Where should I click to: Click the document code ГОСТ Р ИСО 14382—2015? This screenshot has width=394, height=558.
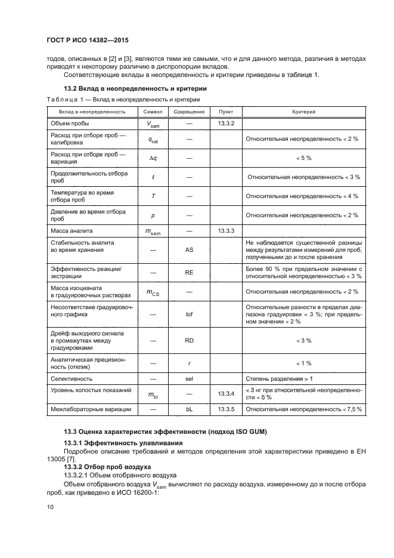88,41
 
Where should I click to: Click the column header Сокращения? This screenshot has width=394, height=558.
188,112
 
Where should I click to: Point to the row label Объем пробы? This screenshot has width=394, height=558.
70,123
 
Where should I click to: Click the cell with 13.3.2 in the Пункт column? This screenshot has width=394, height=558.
227,123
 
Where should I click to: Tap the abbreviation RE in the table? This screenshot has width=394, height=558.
189,272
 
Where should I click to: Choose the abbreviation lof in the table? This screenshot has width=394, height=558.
189,313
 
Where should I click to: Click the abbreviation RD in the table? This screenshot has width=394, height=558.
189,340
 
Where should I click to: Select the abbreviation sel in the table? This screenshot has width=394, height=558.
189,379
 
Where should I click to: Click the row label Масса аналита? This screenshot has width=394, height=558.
72,230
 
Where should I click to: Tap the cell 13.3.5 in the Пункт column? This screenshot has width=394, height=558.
227,409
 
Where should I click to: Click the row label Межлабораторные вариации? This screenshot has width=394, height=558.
87,409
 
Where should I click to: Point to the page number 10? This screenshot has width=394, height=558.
50,507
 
